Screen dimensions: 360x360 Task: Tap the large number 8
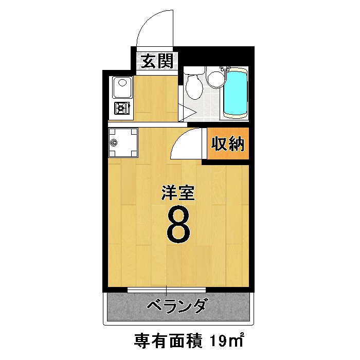tap(178, 224)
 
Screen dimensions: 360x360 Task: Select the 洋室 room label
tap(178, 193)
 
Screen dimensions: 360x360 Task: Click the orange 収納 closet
tap(227, 145)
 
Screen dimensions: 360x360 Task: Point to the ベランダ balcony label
tap(176, 307)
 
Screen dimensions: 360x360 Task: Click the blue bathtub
tap(236, 94)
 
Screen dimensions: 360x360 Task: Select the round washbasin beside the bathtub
tap(215, 78)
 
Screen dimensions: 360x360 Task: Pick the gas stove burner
tap(122, 109)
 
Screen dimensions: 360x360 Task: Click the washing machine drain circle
tap(115, 143)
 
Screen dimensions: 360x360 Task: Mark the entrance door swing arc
tap(154, 28)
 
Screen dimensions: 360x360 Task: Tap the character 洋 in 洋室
tap(169, 193)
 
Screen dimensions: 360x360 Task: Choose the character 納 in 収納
tap(235, 145)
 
